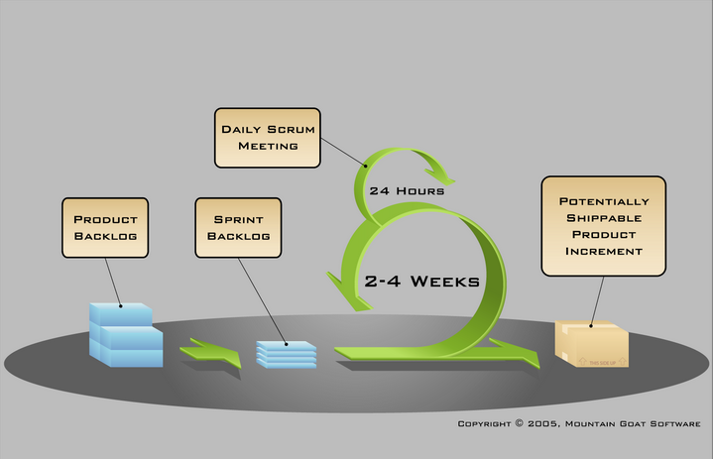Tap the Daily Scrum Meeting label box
tap(267, 137)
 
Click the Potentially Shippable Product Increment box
tap(602, 225)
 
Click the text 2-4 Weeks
tap(422, 281)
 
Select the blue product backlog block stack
tap(125, 334)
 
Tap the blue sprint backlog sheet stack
tap(286, 354)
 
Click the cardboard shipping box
tap(592, 344)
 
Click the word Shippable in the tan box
tap(602, 217)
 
